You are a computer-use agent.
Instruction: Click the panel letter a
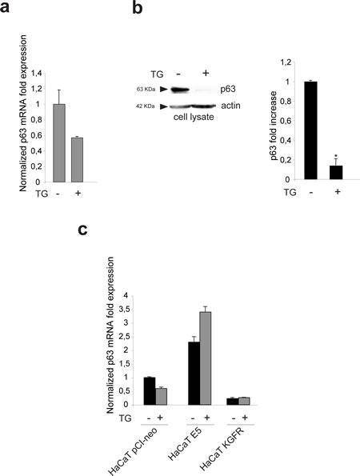pyautogui.click(x=4, y=7)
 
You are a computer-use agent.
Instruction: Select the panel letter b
pyautogui.click(x=138, y=7)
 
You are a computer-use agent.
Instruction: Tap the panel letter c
pyautogui.click(x=82, y=230)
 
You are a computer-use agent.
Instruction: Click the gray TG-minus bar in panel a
pyautogui.click(x=59, y=143)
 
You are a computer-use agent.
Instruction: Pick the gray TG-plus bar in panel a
pyautogui.click(x=77, y=160)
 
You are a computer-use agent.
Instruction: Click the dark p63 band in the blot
pyautogui.click(x=180, y=90)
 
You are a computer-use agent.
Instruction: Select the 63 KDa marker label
pyautogui.click(x=146, y=90)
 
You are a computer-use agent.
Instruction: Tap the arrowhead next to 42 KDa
pyautogui.click(x=164, y=106)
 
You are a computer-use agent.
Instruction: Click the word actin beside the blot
pyautogui.click(x=230, y=106)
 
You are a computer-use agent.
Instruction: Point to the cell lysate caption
pyautogui.click(x=194, y=117)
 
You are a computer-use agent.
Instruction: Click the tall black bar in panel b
pyautogui.click(x=311, y=130)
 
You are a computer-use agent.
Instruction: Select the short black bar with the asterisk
pyautogui.click(x=336, y=173)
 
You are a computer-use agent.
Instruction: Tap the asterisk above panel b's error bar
pyautogui.click(x=336, y=156)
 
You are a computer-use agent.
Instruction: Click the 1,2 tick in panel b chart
pyautogui.click(x=286, y=62)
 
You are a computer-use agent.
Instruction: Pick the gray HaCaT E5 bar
pyautogui.click(x=206, y=358)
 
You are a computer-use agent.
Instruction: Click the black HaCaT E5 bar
pyautogui.click(x=194, y=374)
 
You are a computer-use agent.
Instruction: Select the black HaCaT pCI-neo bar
pyautogui.click(x=150, y=391)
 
